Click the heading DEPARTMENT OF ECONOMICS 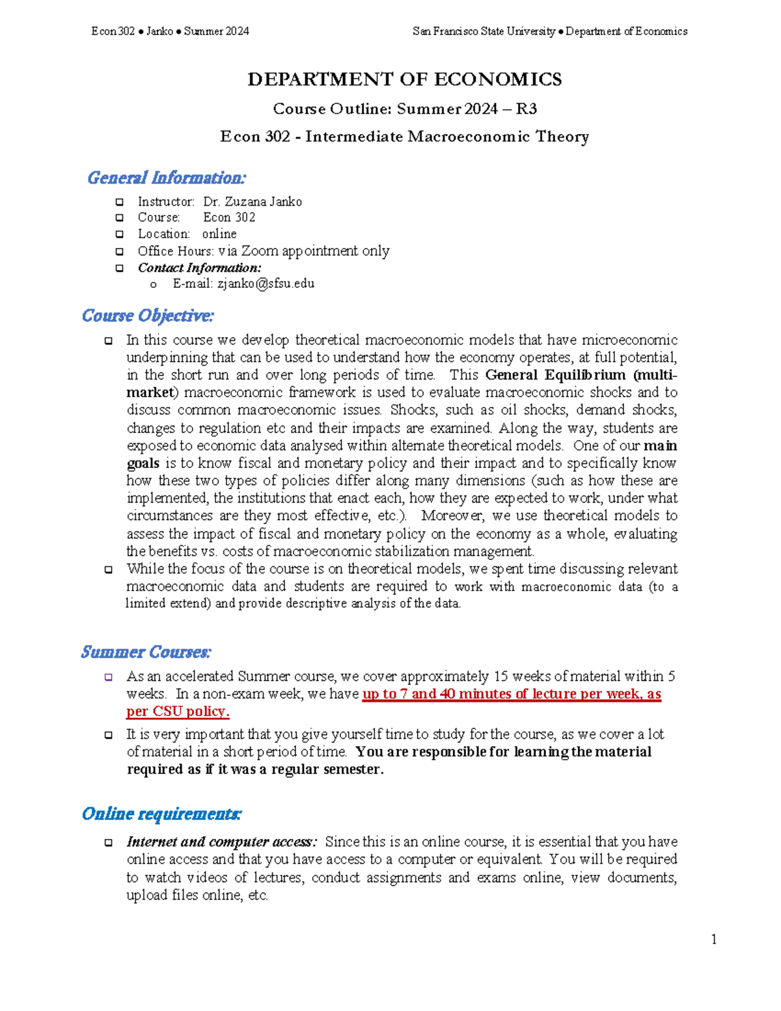point(404,79)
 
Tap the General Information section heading point(167,178)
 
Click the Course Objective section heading point(148,316)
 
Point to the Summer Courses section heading point(146,652)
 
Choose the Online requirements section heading point(162,814)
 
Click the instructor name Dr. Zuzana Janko point(253,202)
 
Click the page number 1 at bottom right point(714,939)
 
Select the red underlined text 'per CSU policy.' point(178,712)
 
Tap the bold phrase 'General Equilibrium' point(555,375)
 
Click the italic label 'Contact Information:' point(199,268)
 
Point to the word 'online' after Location point(219,234)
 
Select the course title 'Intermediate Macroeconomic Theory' point(447,137)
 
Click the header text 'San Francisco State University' point(484,31)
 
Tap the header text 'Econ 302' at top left point(113,31)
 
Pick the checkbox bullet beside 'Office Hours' point(120,251)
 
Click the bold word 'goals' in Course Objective point(143,463)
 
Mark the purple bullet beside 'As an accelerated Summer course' point(109,677)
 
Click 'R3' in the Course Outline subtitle point(526,109)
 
